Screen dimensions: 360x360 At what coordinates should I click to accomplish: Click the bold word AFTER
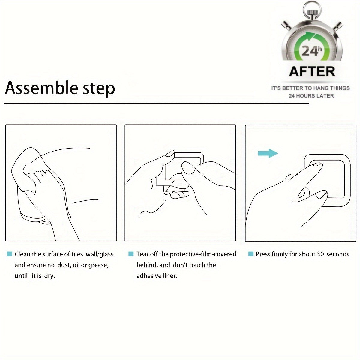(x=312, y=72)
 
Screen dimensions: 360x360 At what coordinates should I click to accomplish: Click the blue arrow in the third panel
(x=268, y=153)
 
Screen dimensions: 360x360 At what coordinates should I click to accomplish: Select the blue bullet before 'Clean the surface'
(x=10, y=254)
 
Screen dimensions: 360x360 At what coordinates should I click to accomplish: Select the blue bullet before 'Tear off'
(x=131, y=254)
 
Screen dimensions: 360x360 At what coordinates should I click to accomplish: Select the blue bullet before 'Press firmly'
(x=251, y=254)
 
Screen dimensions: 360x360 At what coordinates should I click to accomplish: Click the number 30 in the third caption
(x=320, y=254)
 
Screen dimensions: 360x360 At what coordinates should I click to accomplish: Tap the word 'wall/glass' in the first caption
(x=100, y=254)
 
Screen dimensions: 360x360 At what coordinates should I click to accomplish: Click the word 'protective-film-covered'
(x=203, y=254)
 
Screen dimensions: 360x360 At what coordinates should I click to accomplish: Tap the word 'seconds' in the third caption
(x=338, y=254)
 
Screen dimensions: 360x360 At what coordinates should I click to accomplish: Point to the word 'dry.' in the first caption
(x=50, y=276)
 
